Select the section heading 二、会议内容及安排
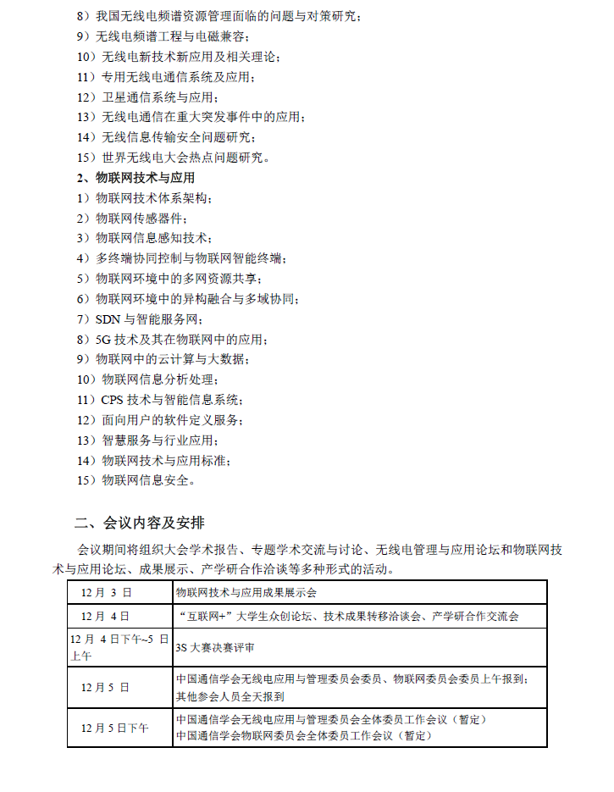click(x=139, y=521)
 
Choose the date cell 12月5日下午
click(x=115, y=728)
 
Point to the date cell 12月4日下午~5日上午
click(x=119, y=646)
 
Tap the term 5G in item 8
click(x=103, y=340)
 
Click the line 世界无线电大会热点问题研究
click(x=185, y=158)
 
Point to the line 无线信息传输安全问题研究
click(x=178, y=137)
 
